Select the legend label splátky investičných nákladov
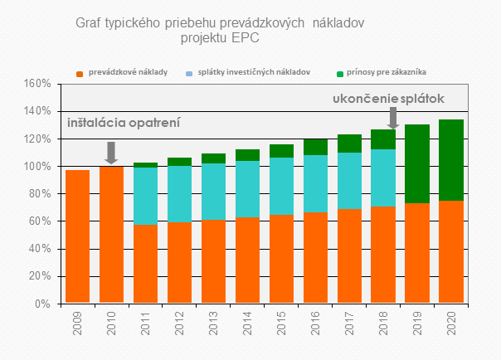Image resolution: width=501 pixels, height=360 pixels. pos(254,72)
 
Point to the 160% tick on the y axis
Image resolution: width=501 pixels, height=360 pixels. pos(38,84)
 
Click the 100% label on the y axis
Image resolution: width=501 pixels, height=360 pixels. pos(38,167)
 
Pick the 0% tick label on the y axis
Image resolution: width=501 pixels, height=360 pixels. pos(43,304)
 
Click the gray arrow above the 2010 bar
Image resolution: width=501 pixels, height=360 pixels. pos(111,152)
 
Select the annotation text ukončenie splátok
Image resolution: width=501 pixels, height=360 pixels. pos(388,99)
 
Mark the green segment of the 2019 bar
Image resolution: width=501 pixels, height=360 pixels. pos(417,163)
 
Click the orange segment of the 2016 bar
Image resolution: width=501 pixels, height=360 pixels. pos(315,258)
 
